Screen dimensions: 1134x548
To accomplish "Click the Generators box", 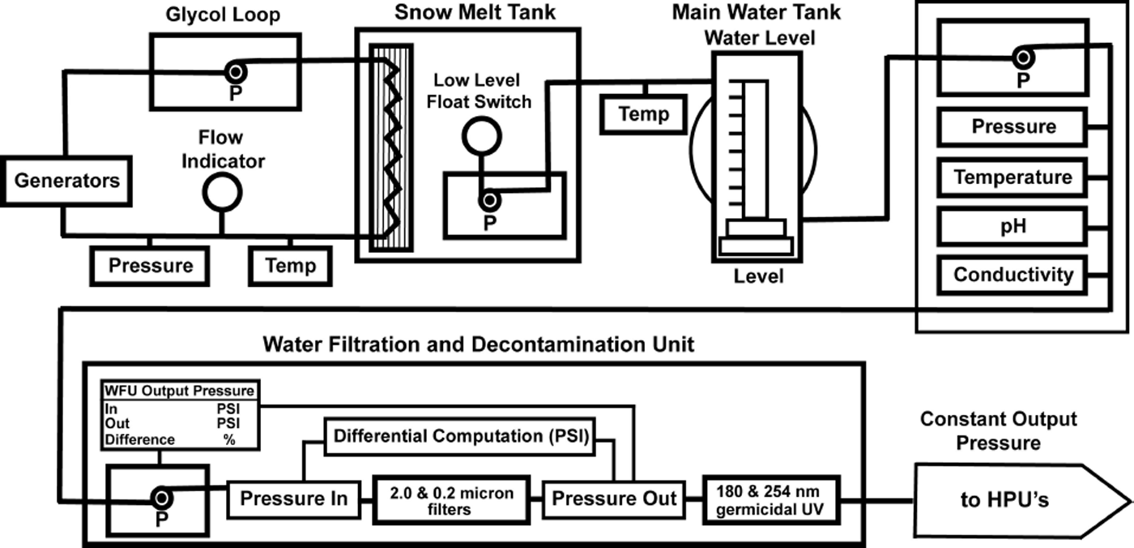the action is point(66,182).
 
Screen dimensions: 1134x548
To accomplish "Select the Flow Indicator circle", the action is point(222,192).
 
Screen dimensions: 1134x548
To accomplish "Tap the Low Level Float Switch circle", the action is point(481,135).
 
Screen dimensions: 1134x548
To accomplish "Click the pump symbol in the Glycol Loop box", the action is point(236,72).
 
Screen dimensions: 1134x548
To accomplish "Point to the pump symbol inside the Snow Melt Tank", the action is point(489,200).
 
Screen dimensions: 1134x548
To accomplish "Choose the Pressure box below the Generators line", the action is point(150,266).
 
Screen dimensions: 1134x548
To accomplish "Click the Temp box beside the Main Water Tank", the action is point(643,114).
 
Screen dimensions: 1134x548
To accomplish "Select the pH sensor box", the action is point(1013,226).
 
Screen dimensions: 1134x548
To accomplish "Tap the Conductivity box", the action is point(1013,276).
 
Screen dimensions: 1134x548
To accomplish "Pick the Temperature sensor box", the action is point(1013,178).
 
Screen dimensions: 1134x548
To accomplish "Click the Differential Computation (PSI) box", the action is point(460,437).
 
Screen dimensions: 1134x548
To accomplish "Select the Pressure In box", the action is point(293,499).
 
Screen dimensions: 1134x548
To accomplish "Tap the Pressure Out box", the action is point(614,499).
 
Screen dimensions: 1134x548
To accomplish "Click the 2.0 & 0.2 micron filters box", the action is point(452,500).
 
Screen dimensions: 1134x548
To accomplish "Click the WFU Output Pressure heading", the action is point(179,391).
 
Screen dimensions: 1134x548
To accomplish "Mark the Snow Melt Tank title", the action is point(475,12).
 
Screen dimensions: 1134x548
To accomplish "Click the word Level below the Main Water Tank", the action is point(758,276).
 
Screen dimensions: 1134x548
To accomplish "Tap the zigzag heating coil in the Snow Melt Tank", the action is point(390,148).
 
